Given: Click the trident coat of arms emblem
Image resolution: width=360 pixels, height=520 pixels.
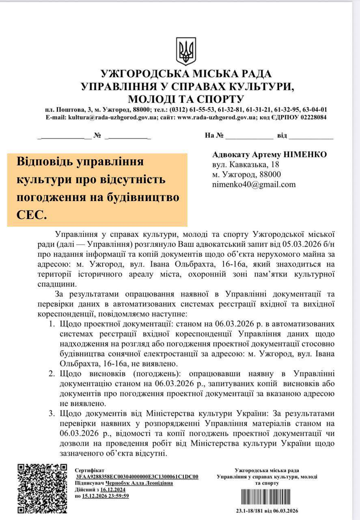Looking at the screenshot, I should pyautogui.click(x=186, y=52).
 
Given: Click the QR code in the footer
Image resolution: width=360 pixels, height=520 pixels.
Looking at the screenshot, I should pyautogui.click(x=42, y=488).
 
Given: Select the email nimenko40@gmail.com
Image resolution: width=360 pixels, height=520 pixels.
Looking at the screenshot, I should pyautogui.click(x=254, y=184).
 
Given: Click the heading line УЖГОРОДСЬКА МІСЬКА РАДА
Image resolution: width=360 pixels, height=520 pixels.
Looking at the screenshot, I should pyautogui.click(x=186, y=74).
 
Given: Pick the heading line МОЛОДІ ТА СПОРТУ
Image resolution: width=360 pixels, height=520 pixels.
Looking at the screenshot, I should pyautogui.click(x=186, y=99).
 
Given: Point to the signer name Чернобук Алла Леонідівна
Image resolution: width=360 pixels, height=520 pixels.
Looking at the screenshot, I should pyautogui.click(x=139, y=483).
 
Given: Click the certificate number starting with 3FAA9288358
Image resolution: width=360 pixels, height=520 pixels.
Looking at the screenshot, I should pyautogui.click(x=137, y=477).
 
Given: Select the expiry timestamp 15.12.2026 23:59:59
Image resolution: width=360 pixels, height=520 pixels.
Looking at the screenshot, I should pyautogui.click(x=105, y=496).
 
